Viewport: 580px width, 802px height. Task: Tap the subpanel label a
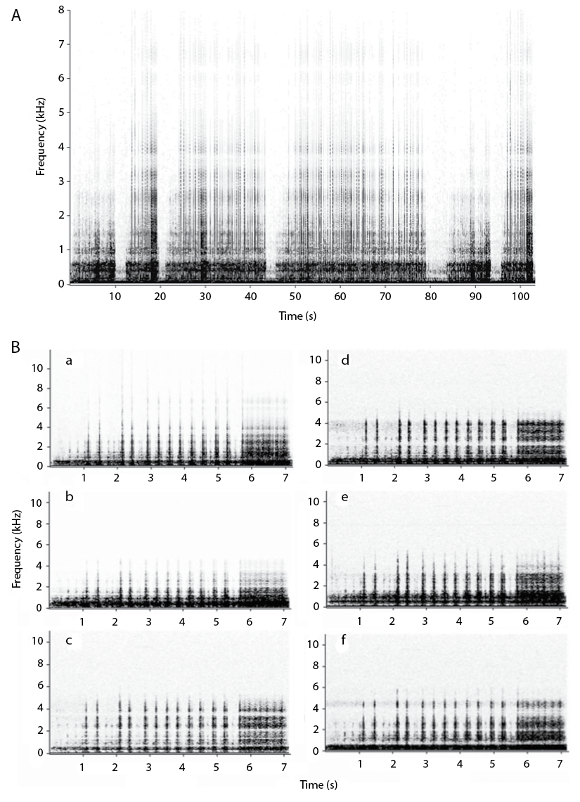pyautogui.click(x=68, y=361)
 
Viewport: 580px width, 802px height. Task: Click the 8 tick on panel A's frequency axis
pyautogui.click(x=61, y=10)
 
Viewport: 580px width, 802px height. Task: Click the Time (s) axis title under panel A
pyautogui.click(x=296, y=316)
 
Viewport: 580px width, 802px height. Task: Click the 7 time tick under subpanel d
pyautogui.click(x=560, y=477)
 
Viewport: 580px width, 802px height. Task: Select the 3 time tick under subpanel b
pyautogui.click(x=149, y=621)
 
